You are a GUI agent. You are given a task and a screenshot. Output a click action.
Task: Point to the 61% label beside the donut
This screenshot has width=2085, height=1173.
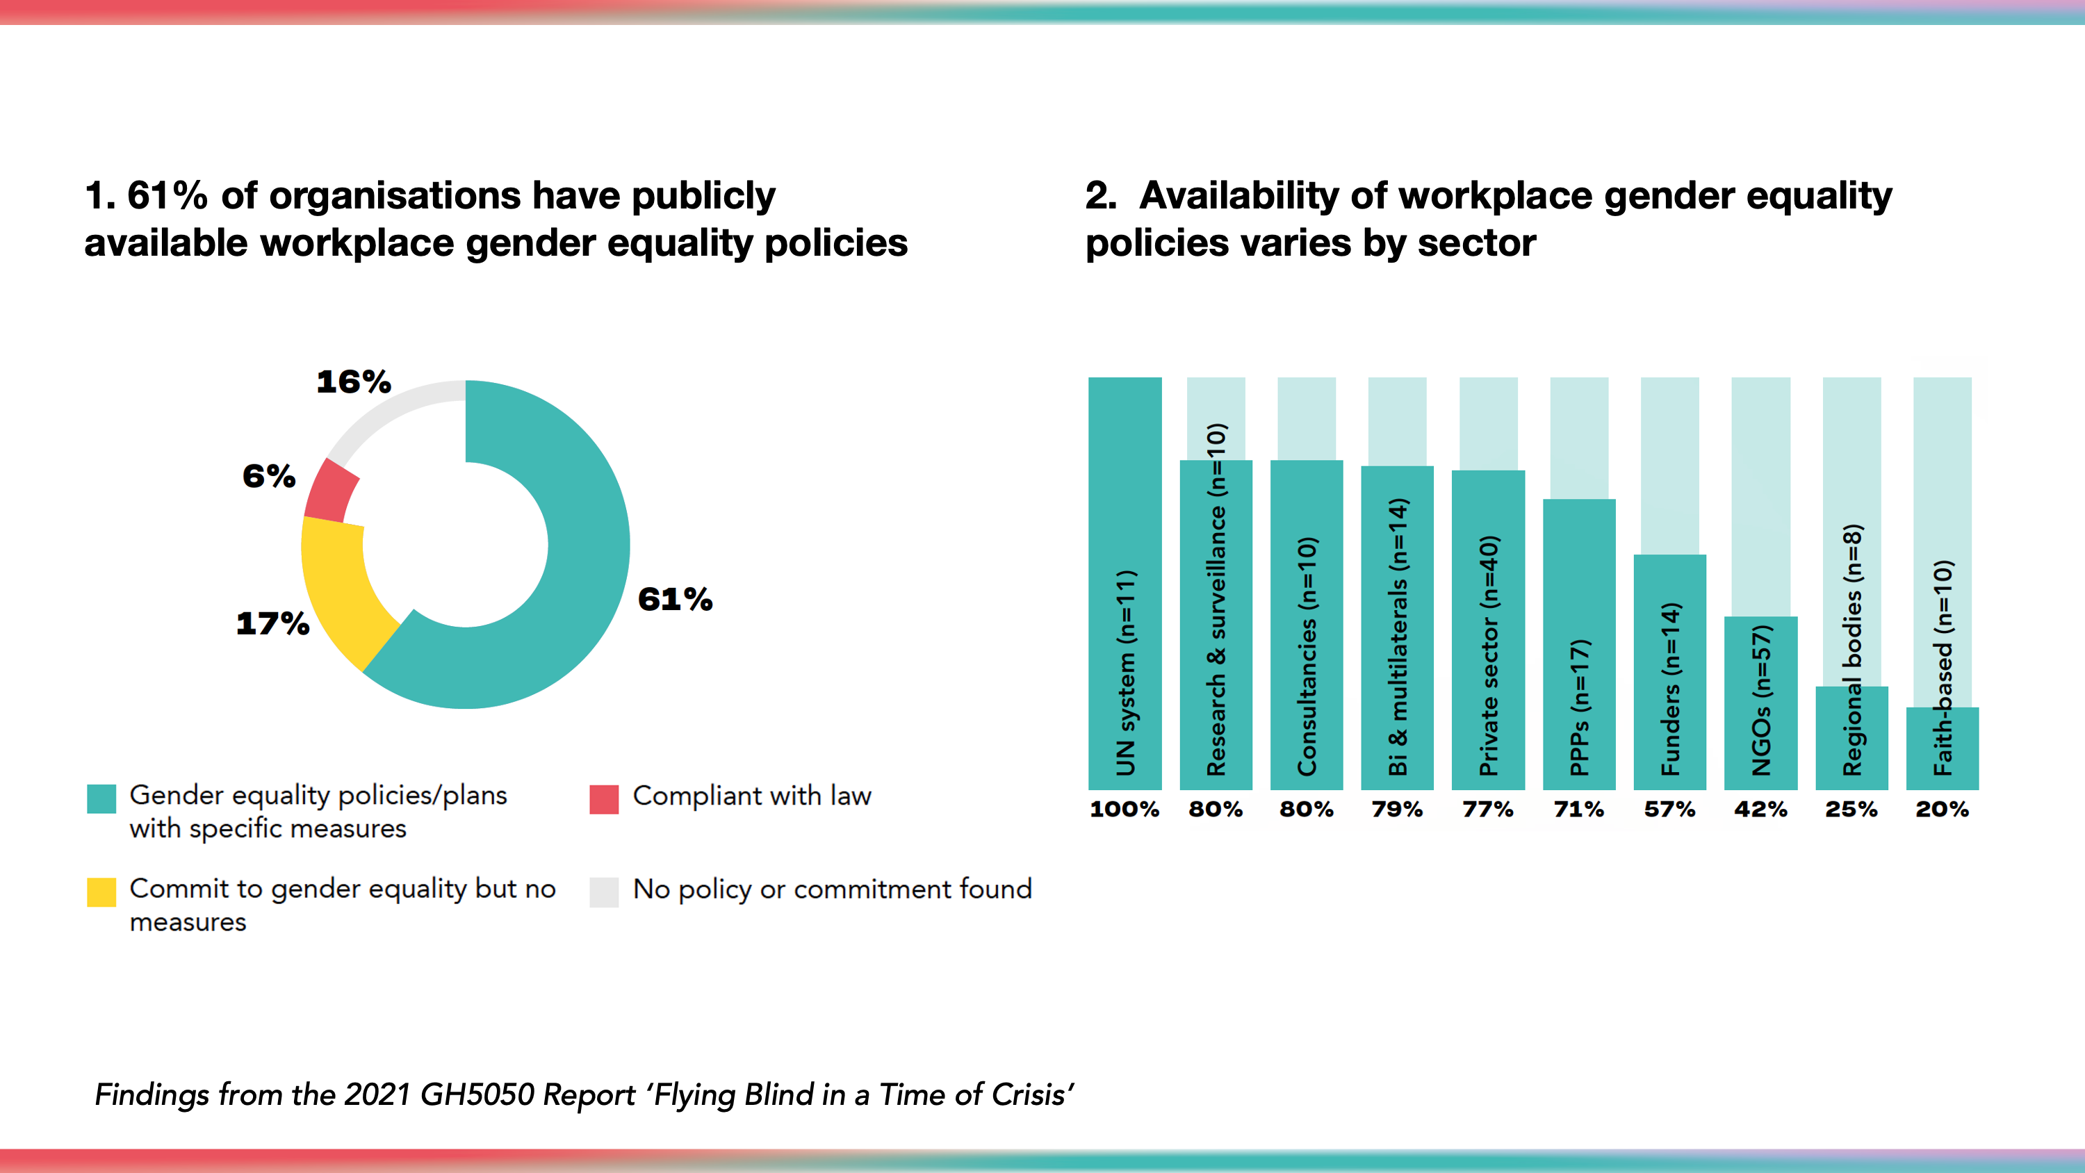click(x=675, y=600)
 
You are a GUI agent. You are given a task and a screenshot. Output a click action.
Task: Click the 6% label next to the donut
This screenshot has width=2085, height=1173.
click(x=269, y=476)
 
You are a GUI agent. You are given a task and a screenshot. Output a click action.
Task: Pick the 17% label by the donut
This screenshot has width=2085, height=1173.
click(x=272, y=623)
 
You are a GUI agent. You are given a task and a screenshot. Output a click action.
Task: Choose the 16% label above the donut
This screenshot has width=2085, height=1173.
click(x=354, y=382)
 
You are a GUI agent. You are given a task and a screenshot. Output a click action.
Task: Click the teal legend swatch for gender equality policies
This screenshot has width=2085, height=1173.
click(x=101, y=798)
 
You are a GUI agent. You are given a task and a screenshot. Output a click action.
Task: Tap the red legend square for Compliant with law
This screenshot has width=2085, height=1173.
click(x=604, y=798)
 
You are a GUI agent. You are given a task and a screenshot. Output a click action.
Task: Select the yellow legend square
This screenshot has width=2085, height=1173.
click(x=101, y=892)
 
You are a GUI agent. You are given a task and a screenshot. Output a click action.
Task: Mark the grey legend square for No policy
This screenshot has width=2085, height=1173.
click(x=604, y=892)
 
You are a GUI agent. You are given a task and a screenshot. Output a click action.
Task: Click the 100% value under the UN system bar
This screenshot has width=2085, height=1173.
click(x=1125, y=810)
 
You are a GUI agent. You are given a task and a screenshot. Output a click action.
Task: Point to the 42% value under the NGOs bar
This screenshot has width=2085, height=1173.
click(x=1760, y=810)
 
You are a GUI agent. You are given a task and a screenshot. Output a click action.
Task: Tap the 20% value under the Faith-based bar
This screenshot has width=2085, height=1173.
click(x=1942, y=810)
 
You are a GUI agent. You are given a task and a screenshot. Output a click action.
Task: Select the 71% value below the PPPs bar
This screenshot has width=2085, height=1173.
click(x=1578, y=810)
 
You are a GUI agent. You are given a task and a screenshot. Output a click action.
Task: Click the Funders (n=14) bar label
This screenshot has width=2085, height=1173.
click(x=1671, y=688)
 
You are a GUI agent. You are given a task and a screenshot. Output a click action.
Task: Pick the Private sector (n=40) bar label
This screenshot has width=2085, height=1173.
click(x=1489, y=656)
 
